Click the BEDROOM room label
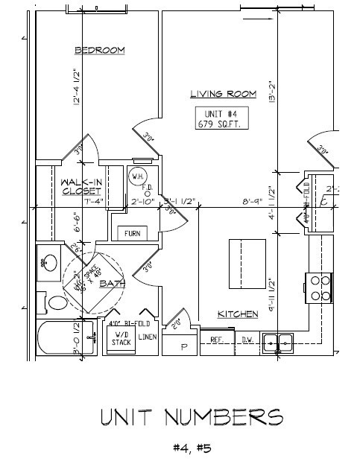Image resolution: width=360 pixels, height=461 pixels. point(99,50)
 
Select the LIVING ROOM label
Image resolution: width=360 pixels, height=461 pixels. point(223,94)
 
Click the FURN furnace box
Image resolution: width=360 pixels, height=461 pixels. point(133,233)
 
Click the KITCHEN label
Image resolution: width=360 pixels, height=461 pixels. point(238,314)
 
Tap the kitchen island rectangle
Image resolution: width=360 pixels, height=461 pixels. point(247,263)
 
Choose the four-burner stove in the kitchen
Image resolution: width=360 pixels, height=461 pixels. point(319,287)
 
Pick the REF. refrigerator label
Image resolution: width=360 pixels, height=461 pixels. point(218,340)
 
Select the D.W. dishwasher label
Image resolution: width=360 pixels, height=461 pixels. point(247,340)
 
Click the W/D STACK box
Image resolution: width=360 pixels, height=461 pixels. point(121,339)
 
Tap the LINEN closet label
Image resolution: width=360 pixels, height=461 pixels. point(148,338)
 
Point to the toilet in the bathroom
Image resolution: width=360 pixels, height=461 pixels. point(55,303)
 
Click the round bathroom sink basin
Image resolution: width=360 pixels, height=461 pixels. point(51,262)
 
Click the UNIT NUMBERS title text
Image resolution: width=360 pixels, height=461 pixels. point(191,418)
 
